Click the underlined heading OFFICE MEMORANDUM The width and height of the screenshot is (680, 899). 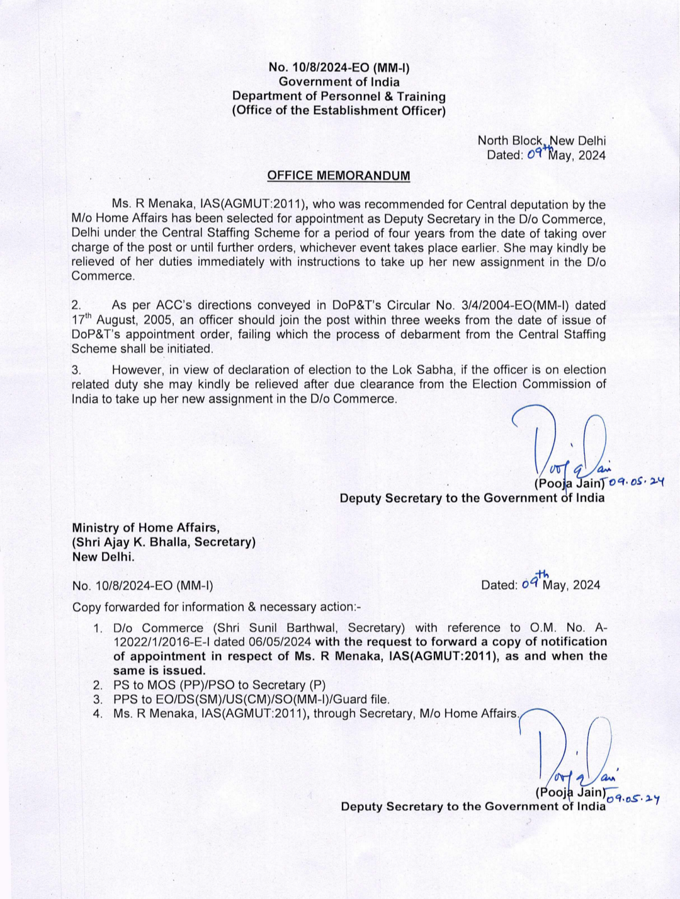[x=338, y=175]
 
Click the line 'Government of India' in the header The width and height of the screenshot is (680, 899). [x=339, y=81]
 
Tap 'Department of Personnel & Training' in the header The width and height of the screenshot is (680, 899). [x=339, y=96]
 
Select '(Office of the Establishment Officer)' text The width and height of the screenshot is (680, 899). [x=339, y=111]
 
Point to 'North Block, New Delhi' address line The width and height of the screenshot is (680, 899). [x=541, y=140]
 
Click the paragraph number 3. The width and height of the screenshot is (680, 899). [x=76, y=370]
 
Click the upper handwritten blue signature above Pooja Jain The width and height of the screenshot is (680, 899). [x=567, y=441]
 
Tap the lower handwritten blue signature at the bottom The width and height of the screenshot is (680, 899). [x=570, y=750]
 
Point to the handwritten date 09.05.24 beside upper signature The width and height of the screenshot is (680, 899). [x=637, y=483]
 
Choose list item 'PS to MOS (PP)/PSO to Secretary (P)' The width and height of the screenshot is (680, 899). [x=219, y=685]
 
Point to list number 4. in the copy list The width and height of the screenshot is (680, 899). [x=98, y=714]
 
